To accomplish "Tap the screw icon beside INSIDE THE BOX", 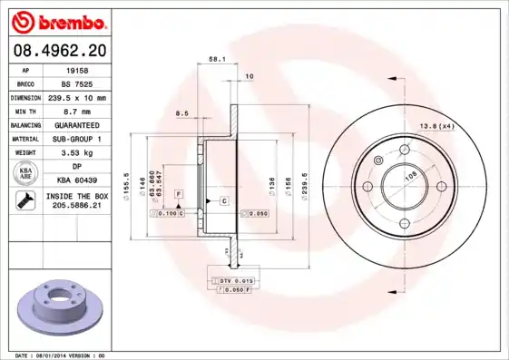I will click(x=20, y=200).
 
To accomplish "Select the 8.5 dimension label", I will click(x=181, y=114).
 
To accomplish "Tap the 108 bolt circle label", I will click(x=409, y=177).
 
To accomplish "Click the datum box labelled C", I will click(x=222, y=199).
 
